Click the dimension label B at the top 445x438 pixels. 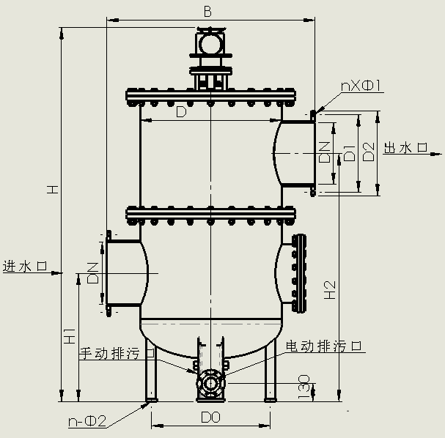click(207, 11)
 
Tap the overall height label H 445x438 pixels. click(52, 189)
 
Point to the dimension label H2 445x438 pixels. click(331, 290)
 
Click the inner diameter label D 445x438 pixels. click(181, 113)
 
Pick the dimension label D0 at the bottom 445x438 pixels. click(211, 417)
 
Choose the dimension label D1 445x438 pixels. click(350, 152)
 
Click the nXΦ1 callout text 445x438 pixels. click(362, 87)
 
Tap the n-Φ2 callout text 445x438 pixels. click(87, 421)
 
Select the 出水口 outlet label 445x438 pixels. click(406, 148)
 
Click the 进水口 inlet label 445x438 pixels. click(24, 266)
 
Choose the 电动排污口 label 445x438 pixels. click(324, 345)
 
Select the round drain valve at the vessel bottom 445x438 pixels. click(210, 382)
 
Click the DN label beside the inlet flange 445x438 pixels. click(93, 272)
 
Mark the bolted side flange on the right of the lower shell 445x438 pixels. click(297, 272)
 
